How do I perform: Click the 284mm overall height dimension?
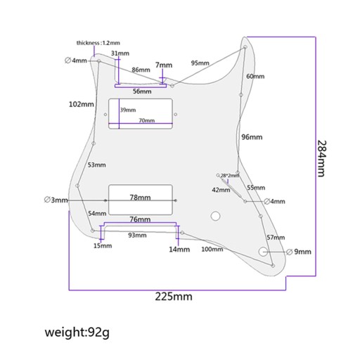[x=321, y=159]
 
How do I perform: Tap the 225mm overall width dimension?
[x=174, y=297]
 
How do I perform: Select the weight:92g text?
[x=77, y=333]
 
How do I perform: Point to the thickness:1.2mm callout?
[x=98, y=43]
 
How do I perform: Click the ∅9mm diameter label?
[x=299, y=252]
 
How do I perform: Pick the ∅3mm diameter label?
[x=56, y=200]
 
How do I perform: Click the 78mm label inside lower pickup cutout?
[x=140, y=198]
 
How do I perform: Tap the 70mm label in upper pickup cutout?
[x=147, y=120]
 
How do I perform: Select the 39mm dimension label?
[x=128, y=110]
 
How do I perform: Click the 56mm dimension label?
[x=142, y=91]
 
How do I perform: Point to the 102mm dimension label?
[x=82, y=104]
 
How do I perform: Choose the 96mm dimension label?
[x=252, y=137]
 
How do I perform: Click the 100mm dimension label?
[x=212, y=249]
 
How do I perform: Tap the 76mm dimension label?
[x=140, y=219]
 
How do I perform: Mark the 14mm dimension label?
[x=179, y=250]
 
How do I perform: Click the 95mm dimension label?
[x=200, y=63]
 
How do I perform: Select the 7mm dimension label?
[x=164, y=65]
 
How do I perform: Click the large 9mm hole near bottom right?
[x=263, y=252]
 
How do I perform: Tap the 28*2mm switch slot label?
[x=230, y=176]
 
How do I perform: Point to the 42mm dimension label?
[x=221, y=190]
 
